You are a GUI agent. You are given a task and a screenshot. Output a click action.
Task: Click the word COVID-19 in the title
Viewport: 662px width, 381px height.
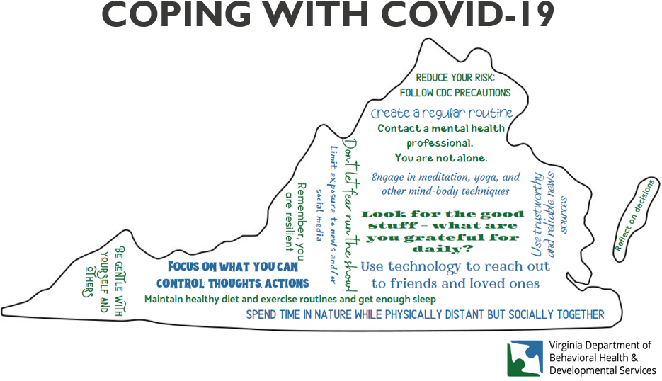pyautogui.click(x=468, y=14)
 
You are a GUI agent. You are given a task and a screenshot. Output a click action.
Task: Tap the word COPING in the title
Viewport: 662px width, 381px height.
pyautogui.click(x=176, y=14)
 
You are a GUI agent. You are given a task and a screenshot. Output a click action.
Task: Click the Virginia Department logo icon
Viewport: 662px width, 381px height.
pyautogui.click(x=525, y=358)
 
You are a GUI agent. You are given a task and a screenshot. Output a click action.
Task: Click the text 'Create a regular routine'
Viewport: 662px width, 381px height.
pyautogui.click(x=442, y=113)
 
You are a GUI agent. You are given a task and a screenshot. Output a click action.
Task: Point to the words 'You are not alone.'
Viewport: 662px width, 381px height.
pyautogui.click(x=441, y=158)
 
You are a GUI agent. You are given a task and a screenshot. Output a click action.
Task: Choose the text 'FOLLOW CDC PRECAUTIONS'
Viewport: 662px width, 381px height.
pyautogui.click(x=455, y=93)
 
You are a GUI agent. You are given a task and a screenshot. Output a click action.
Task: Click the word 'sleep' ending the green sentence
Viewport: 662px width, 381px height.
pyautogui.click(x=424, y=300)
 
